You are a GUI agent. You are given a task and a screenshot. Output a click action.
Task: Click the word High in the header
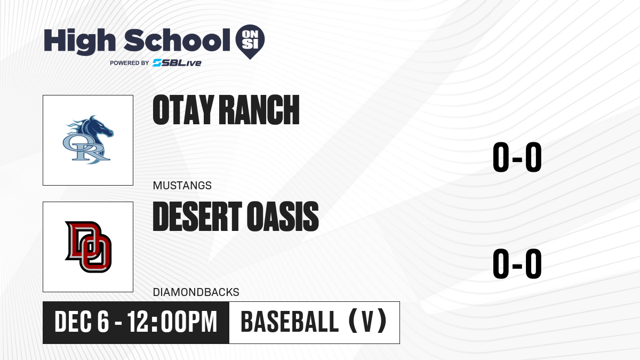pos(79,42)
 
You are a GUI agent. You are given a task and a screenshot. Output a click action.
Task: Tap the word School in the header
pos(177,40)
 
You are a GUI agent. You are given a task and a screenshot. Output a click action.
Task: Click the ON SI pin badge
pos(250,42)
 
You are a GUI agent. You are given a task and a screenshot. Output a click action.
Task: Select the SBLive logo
pos(177,63)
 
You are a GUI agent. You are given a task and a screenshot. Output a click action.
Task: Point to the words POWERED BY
pos(130,63)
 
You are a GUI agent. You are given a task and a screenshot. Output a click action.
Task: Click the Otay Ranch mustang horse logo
pos(88,140)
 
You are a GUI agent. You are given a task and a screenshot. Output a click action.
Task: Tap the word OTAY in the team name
pos(183,110)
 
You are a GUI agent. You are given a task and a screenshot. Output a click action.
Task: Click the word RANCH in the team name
pos(259,110)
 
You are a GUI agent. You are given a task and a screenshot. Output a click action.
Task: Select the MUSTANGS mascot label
pos(182,186)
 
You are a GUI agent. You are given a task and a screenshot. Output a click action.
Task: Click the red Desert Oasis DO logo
pos(89,247)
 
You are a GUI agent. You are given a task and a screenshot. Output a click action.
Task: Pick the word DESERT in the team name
pos(198,217)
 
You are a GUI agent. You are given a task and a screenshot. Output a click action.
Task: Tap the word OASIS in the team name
pos(283,217)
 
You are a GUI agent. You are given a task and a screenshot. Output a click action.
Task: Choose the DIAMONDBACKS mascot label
pos(196,292)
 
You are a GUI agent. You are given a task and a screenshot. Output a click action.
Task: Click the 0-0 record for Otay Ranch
pos(517,157)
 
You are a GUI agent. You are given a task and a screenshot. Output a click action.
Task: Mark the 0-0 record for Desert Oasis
pos(517,263)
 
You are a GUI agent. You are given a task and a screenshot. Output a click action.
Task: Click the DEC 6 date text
pos(82,322)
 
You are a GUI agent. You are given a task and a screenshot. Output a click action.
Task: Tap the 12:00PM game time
pos(172,322)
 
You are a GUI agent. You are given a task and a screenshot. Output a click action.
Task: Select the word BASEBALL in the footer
pos(290,322)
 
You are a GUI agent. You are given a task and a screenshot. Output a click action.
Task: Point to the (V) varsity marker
pos(367,321)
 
